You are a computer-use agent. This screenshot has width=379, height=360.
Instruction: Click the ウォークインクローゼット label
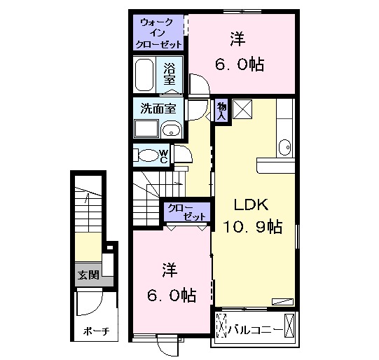coord(160,33)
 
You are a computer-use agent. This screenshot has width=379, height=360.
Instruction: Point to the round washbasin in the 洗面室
coord(171,129)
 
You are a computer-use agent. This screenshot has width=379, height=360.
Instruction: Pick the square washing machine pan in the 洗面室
coord(146,129)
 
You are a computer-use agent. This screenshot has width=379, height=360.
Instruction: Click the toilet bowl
coord(147,155)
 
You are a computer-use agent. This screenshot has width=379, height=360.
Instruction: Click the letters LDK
coord(251,205)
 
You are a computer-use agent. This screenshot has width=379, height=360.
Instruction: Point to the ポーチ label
coord(90,331)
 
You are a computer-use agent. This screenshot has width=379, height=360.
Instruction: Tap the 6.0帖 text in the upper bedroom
coord(239,64)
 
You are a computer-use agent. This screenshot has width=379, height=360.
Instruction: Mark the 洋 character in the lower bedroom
coord(170,269)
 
